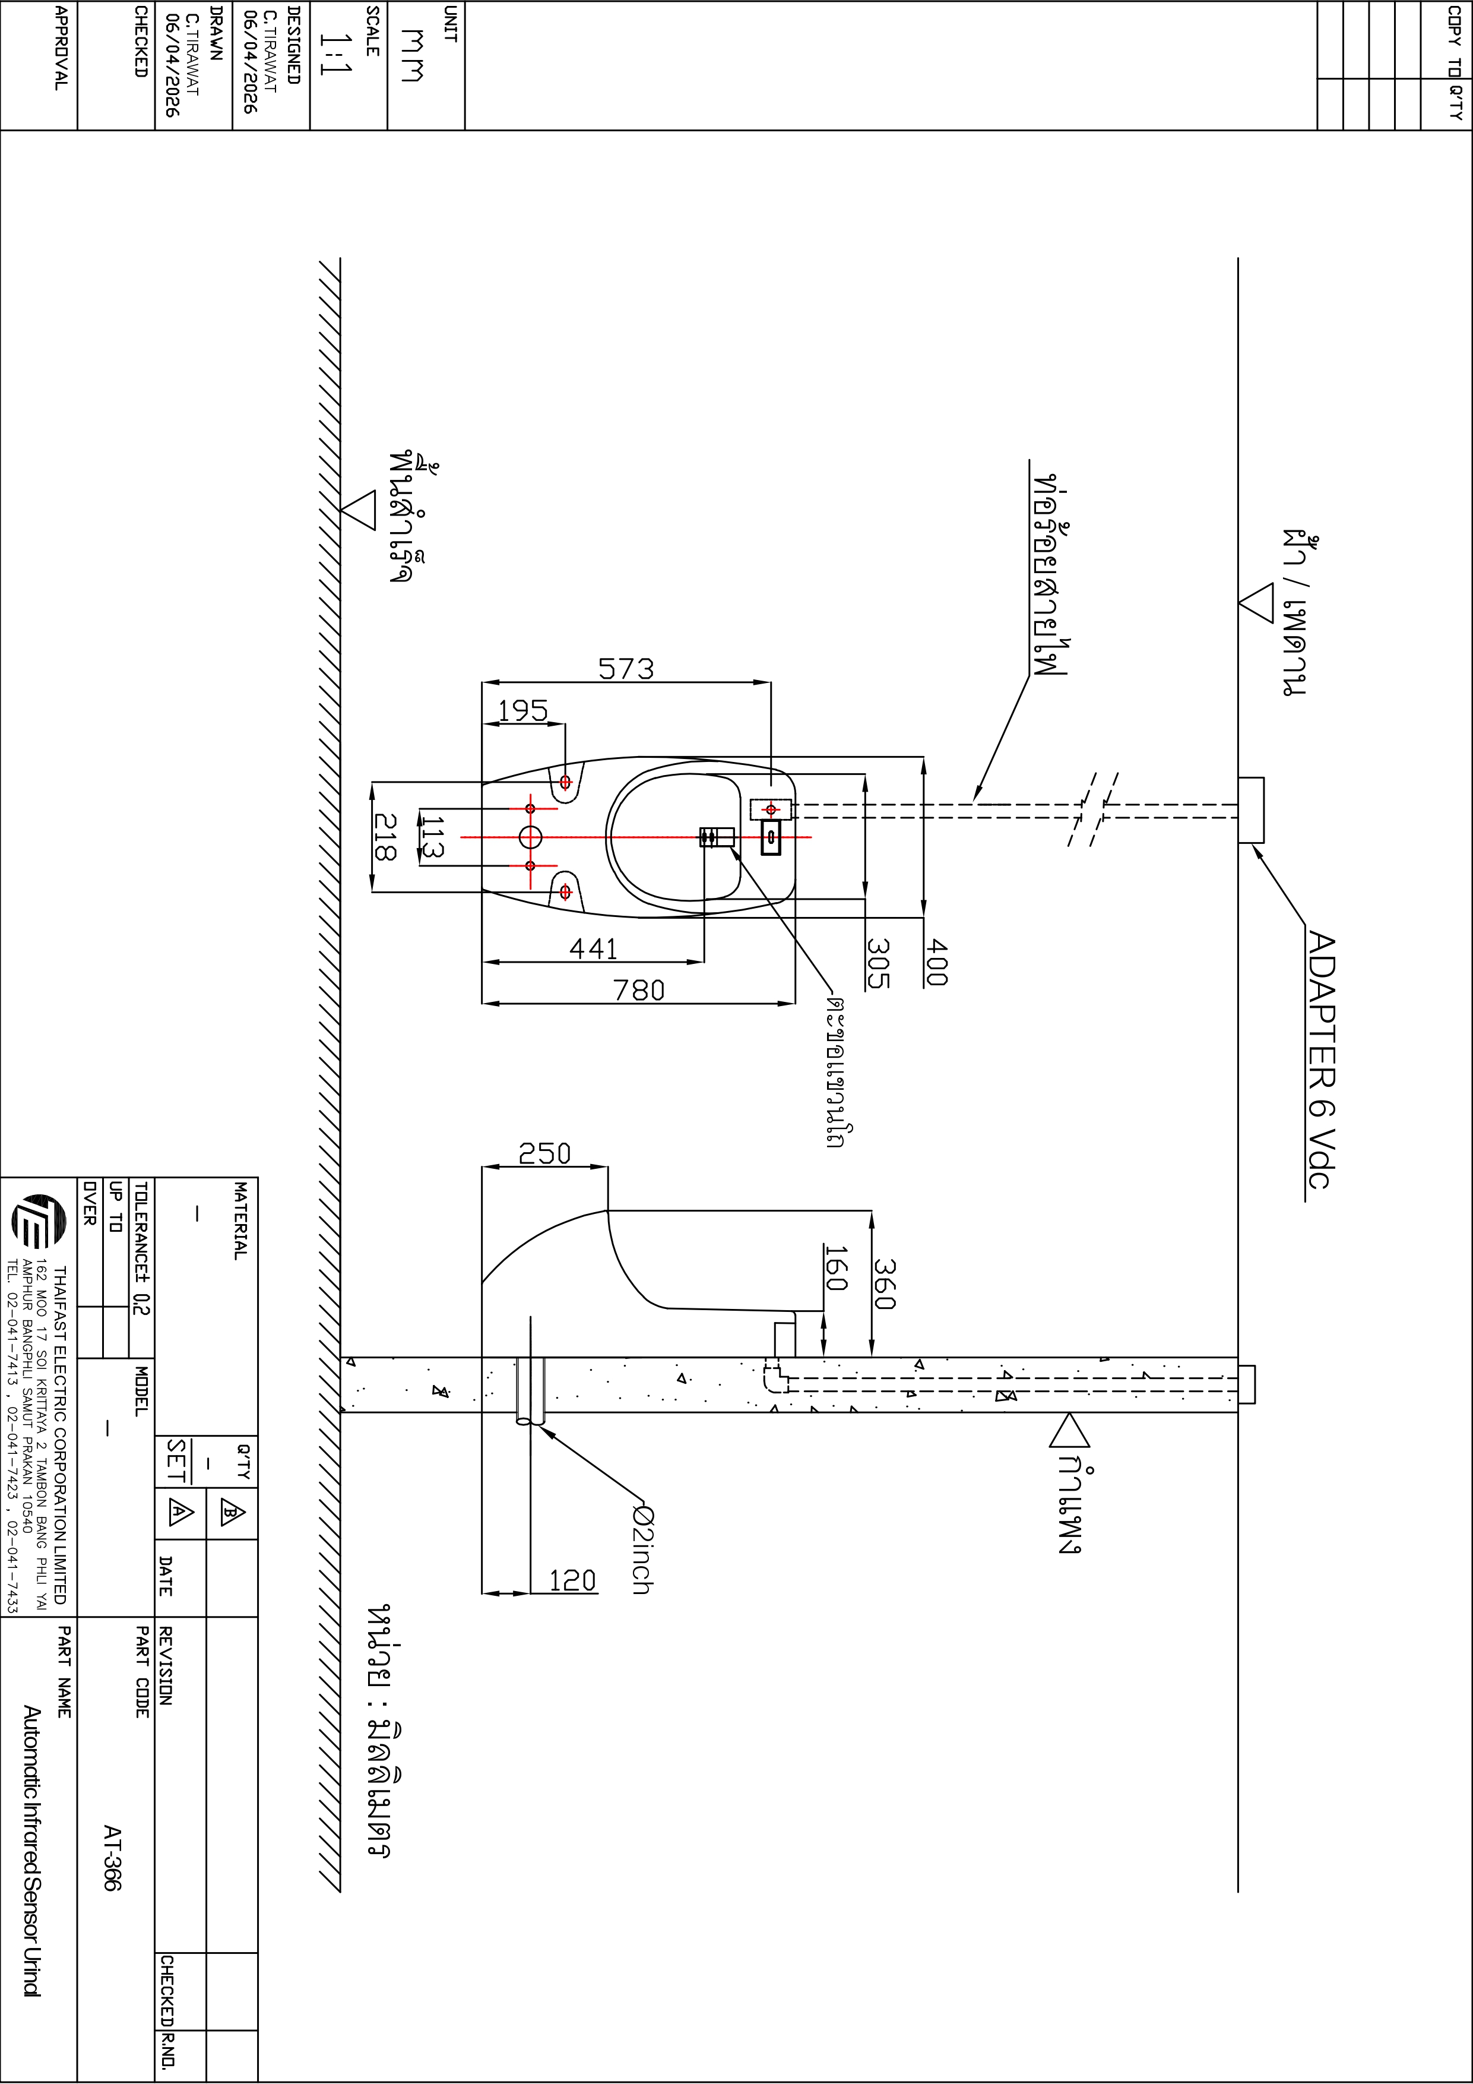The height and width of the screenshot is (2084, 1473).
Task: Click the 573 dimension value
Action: click(625, 669)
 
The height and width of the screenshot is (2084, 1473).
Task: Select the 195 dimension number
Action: click(523, 711)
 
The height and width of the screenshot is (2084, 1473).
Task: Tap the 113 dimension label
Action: click(432, 836)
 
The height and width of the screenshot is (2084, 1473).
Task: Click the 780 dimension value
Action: click(639, 990)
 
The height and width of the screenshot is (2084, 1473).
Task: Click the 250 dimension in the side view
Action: click(544, 1153)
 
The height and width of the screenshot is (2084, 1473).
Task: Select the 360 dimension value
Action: click(885, 1283)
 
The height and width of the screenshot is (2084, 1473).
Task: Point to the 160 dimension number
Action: click(836, 1268)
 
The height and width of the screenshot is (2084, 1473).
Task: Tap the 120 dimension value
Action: click(573, 1581)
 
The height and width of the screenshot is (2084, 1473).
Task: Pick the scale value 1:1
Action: click(335, 55)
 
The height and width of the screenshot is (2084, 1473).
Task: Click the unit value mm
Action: click(412, 55)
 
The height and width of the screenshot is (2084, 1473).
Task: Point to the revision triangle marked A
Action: click(180, 1512)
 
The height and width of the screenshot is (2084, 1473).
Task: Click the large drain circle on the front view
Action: click(530, 836)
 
